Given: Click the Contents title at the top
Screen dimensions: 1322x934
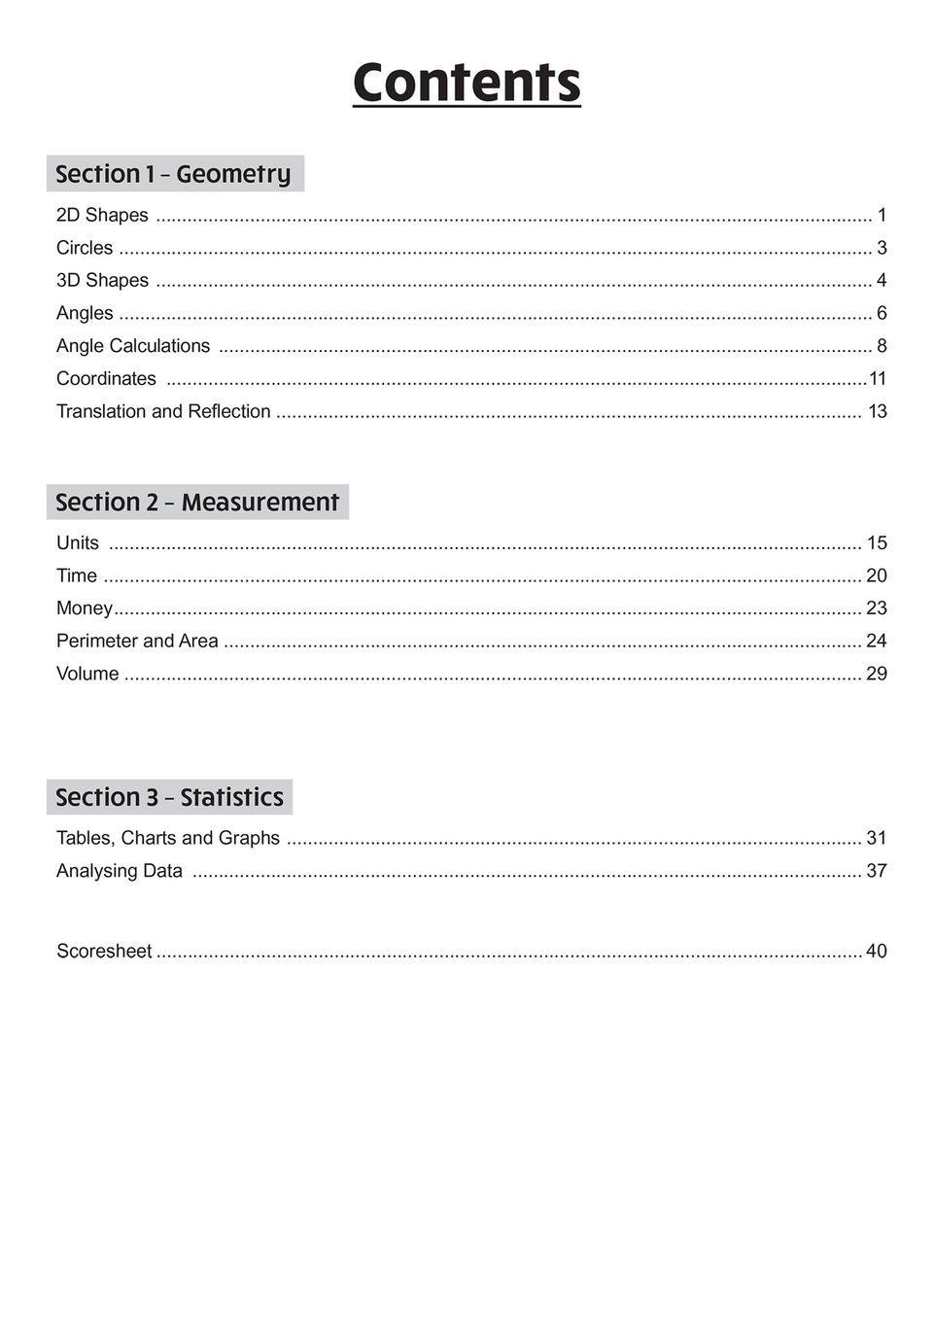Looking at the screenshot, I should coord(467,83).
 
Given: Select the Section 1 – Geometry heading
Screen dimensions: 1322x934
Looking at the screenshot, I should coord(174,174).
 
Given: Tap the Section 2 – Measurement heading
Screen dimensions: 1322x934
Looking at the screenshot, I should coord(197,502).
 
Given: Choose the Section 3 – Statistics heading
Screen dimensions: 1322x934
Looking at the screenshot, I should coord(169,797).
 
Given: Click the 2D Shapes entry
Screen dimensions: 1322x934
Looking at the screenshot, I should coord(102,215).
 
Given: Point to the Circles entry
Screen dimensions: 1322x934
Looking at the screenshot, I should coord(85,248).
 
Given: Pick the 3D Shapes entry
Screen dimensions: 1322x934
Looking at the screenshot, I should coord(102,280).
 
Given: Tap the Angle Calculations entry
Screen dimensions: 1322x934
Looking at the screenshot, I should coord(133,346).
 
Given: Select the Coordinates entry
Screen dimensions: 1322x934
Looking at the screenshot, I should coord(106,378).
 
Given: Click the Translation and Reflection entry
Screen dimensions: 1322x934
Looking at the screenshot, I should coord(163,411).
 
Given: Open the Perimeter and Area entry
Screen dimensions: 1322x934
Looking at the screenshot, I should coord(137,641).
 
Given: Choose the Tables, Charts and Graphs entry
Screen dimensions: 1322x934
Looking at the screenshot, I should coord(168,838).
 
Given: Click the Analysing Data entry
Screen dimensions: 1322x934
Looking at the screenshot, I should coord(120,871).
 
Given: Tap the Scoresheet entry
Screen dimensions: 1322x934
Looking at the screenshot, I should coord(104,951).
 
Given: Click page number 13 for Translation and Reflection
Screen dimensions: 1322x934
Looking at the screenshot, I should coord(877,411).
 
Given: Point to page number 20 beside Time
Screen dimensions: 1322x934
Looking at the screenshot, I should coord(876,575).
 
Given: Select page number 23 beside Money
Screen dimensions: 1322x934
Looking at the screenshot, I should coord(876,608).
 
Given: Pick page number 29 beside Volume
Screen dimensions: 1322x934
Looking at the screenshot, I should coord(876,674).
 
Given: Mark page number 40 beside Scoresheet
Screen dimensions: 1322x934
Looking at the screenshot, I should coord(876,951).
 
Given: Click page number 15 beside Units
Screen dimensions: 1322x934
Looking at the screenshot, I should coord(876,542).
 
